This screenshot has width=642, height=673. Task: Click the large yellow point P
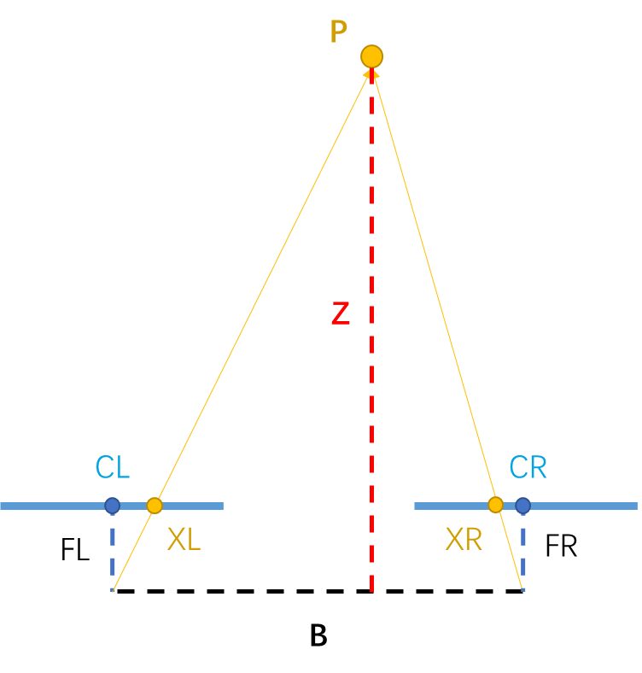click(x=371, y=56)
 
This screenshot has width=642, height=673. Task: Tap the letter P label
click(x=338, y=33)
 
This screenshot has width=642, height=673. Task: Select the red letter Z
click(x=340, y=314)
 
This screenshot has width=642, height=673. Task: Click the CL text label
click(x=113, y=468)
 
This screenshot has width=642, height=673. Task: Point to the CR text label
click(x=528, y=468)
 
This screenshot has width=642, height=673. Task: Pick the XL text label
click(x=184, y=540)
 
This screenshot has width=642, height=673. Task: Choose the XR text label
click(x=464, y=540)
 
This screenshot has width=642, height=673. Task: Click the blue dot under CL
click(x=113, y=506)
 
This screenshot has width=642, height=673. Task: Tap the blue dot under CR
click(x=522, y=506)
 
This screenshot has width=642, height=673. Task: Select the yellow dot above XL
click(x=155, y=506)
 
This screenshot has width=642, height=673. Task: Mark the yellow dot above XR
click(x=495, y=505)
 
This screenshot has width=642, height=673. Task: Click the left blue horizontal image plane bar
click(x=51, y=506)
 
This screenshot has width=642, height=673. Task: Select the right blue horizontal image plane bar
click(x=589, y=506)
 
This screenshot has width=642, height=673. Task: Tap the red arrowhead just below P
click(x=371, y=75)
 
